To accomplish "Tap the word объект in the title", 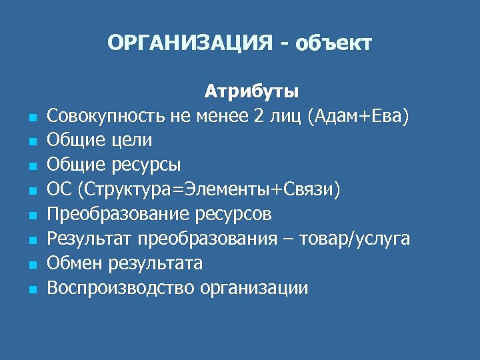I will tap(333, 44).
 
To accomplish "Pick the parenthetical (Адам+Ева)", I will tap(358, 115).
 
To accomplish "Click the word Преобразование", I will tap(119, 214).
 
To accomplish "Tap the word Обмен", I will tap(71, 263).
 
